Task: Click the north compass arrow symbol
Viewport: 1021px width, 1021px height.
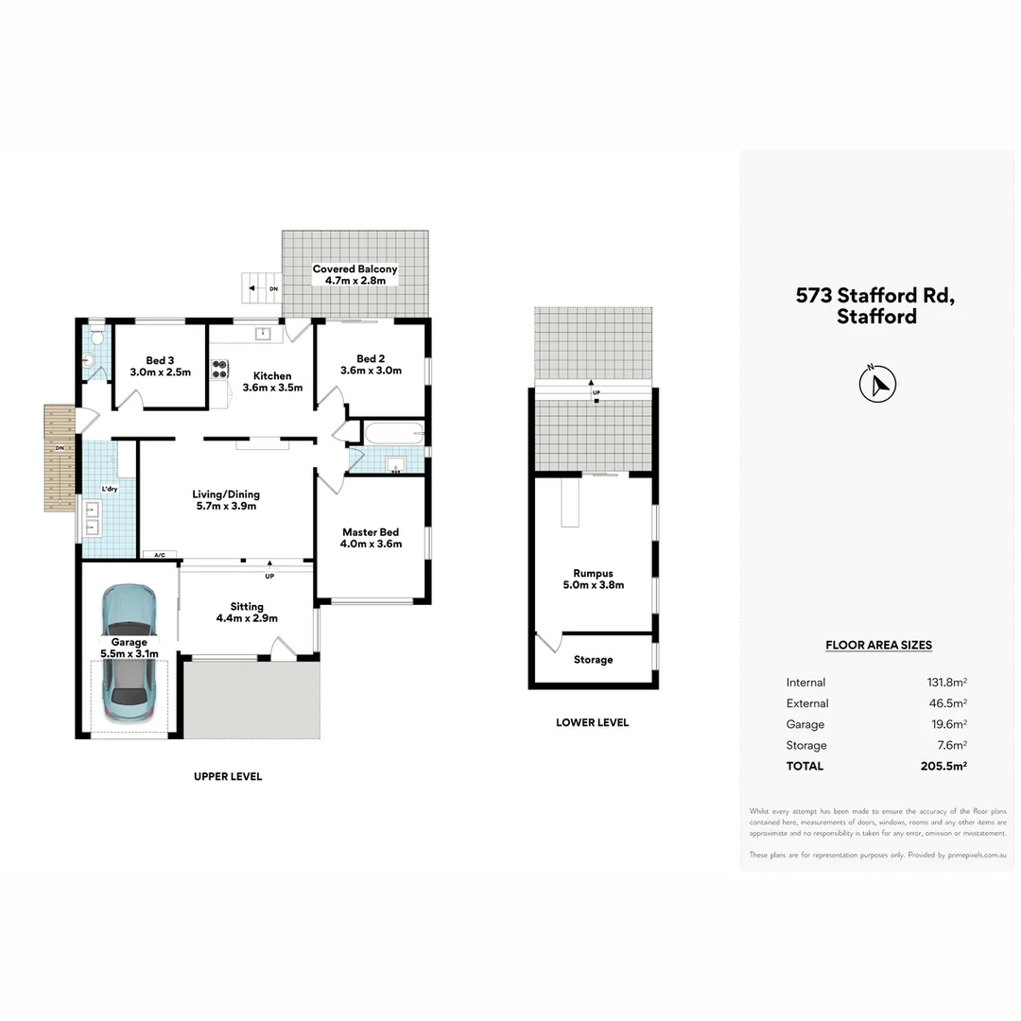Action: (878, 384)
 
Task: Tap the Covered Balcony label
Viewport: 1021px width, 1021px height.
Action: (355, 275)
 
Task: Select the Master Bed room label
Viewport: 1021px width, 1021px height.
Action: (372, 538)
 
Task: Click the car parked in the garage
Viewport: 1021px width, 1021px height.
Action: (129, 652)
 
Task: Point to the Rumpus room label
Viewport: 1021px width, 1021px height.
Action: (593, 579)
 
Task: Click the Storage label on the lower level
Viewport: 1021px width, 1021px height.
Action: (593, 660)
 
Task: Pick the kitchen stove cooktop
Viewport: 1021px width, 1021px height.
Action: (219, 368)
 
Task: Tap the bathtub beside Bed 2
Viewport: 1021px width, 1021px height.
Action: (393, 435)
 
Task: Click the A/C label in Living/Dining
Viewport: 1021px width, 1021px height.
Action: (158, 555)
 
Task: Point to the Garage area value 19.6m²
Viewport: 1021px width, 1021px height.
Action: (946, 725)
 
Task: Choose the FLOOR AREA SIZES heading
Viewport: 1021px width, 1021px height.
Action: (878, 646)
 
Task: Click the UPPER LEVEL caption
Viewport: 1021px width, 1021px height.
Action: (228, 777)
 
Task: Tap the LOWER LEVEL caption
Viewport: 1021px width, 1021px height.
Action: (593, 723)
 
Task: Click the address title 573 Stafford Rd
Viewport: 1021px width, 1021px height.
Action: (875, 295)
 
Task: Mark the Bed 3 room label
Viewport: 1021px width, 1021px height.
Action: (160, 366)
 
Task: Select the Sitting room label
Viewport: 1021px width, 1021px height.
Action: (247, 613)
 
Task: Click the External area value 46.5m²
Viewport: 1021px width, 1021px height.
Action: (946, 704)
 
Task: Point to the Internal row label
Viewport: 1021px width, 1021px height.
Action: (805, 683)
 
